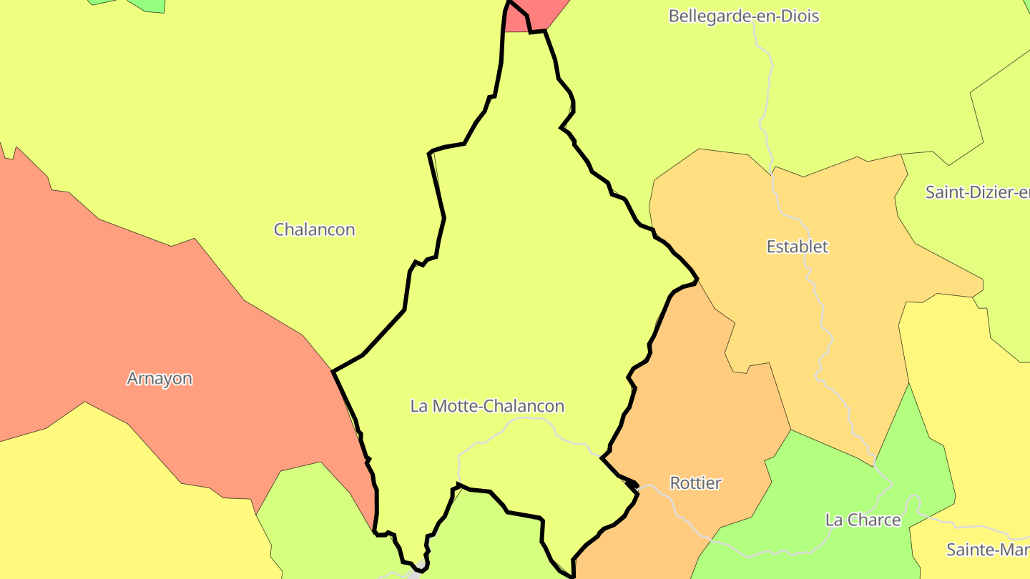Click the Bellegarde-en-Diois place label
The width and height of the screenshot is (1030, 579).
[743, 16]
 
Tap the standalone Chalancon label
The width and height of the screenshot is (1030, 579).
[314, 229]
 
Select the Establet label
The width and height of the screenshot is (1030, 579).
[797, 247]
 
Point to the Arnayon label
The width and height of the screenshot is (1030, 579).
[159, 378]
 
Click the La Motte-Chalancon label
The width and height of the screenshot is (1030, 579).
[487, 406]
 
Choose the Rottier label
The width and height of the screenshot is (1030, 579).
[695, 482]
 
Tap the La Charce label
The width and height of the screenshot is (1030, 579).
[863, 520]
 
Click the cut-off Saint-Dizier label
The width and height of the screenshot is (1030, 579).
[977, 192]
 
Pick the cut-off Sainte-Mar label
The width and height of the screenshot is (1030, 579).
[987, 550]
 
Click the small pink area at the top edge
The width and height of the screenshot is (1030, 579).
[536, 14]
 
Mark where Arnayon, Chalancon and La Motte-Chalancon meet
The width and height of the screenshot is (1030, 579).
[333, 371]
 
